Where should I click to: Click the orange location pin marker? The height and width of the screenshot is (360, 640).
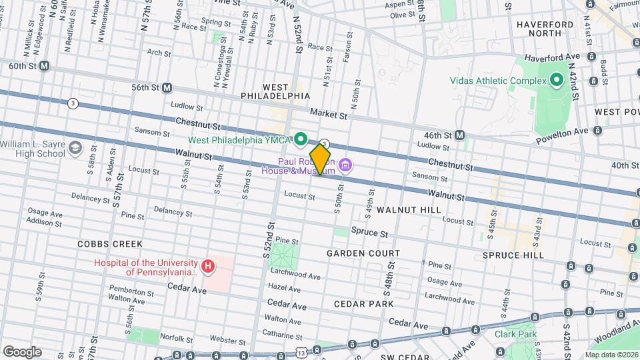[x=321, y=160]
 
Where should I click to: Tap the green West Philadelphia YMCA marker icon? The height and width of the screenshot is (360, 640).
[x=301, y=139]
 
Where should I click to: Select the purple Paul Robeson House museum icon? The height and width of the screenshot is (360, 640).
[x=345, y=165]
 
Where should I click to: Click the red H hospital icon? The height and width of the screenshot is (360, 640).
[x=208, y=267]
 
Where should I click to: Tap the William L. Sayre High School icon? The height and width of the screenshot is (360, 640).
[x=75, y=149]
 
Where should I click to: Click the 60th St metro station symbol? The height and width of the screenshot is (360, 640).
[x=45, y=66]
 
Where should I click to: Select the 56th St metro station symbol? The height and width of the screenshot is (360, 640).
[x=167, y=87]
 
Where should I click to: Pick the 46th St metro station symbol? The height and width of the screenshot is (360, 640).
[x=459, y=135]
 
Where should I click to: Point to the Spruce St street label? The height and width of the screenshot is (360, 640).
[x=374, y=234]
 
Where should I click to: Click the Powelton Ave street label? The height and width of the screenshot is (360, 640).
[x=563, y=131]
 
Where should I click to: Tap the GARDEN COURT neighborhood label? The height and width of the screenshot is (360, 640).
[x=363, y=253]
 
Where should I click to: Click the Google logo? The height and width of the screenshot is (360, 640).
[x=22, y=351]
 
